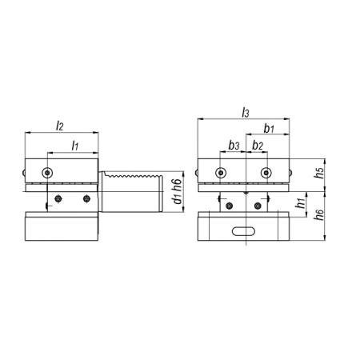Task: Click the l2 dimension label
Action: coord(59,126)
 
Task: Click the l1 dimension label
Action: coord(75,146)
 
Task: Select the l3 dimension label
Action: coord(246,112)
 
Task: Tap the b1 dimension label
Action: coord(269,129)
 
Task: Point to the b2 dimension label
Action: coord(258,146)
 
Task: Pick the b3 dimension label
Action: coord(234,146)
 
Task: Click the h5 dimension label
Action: coord(319,173)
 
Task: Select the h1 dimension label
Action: coord(301,203)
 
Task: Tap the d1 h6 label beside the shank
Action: coord(177,191)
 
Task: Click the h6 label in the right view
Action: coord(319,214)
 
